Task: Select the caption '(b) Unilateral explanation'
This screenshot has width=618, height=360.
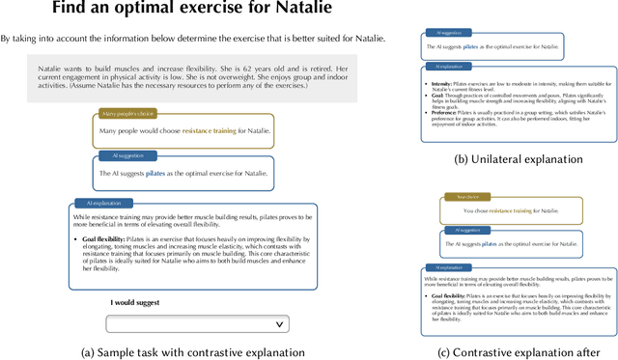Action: click(519, 159)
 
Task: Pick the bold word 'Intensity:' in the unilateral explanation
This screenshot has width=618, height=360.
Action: click(443, 83)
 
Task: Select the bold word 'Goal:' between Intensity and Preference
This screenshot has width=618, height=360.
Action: click(440, 97)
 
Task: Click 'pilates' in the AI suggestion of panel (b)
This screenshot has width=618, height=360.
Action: click(470, 45)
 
